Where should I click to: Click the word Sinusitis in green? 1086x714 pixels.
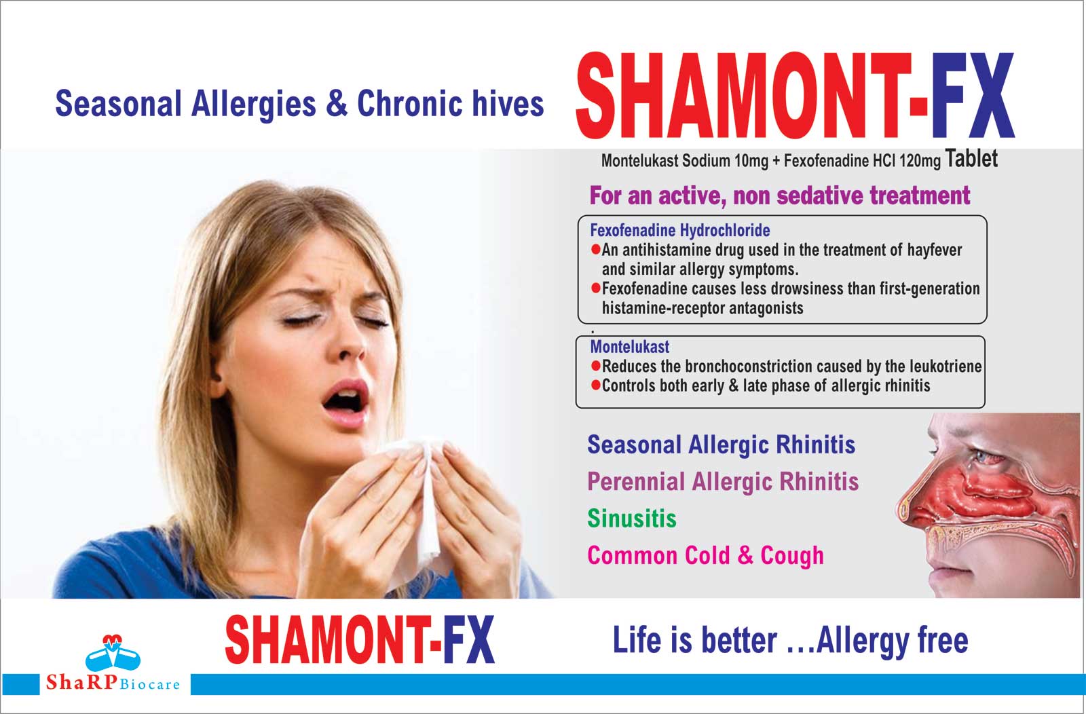click(632, 518)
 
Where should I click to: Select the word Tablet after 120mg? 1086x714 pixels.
click(971, 159)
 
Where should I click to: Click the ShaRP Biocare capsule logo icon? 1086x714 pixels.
click(113, 653)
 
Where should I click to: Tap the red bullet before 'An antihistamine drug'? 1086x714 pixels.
click(596, 250)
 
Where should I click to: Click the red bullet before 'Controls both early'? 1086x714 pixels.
click(596, 386)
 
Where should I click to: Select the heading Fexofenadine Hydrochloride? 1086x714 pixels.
click(679, 230)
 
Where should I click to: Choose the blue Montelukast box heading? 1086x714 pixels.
click(630, 347)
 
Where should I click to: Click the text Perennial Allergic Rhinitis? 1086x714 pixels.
click(723, 482)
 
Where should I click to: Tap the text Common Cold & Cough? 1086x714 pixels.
click(705, 555)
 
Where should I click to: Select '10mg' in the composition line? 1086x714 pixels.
click(751, 160)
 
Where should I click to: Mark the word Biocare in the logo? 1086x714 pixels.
click(149, 684)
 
